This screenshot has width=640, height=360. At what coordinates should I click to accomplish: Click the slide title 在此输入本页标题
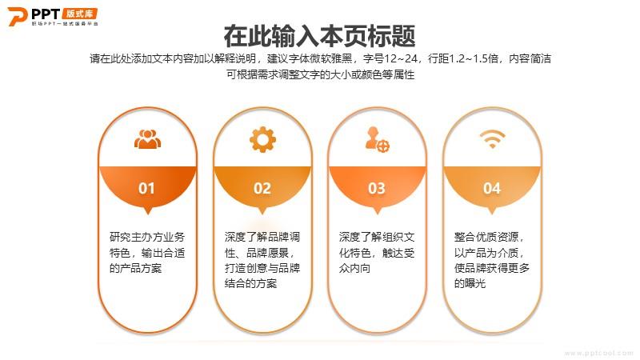(x=319, y=36)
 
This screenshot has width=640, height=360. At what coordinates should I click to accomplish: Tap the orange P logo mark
(x=18, y=16)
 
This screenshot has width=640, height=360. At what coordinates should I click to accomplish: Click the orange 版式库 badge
(x=81, y=14)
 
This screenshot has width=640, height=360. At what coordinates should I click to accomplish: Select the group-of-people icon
(x=147, y=138)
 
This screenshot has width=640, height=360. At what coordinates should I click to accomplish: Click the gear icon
(x=262, y=139)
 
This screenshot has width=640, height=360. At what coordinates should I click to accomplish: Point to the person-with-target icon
(x=377, y=139)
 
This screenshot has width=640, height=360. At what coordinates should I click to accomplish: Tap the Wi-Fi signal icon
(x=492, y=138)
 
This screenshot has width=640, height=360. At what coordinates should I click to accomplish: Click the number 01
(x=146, y=188)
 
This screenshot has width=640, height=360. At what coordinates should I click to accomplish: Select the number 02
(x=262, y=188)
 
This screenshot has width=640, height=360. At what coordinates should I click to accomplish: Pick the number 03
(x=377, y=188)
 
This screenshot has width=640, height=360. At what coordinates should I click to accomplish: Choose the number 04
(x=492, y=188)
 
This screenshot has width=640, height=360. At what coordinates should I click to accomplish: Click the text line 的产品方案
(x=135, y=268)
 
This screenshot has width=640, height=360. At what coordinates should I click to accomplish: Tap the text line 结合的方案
(x=250, y=283)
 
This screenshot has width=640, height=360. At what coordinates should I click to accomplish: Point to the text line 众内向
(x=354, y=268)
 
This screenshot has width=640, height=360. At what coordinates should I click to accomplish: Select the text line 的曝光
(x=470, y=283)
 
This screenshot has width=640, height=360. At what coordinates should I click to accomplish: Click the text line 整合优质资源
(x=489, y=237)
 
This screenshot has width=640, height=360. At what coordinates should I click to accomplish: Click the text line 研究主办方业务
(x=147, y=237)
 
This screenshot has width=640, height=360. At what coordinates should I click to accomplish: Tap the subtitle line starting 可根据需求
(x=321, y=74)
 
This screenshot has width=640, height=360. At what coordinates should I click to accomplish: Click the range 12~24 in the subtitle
(x=401, y=58)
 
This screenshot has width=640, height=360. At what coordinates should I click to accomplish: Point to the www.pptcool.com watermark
(x=598, y=353)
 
